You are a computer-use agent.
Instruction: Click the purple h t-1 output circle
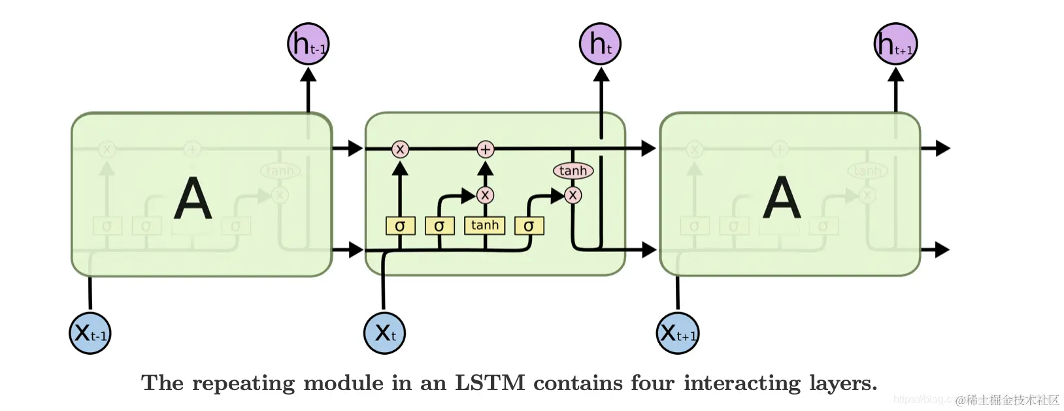click(308, 44)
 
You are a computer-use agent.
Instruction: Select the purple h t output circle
click(600, 44)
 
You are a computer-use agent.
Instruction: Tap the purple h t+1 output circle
click(895, 44)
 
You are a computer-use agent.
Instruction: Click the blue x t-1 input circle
click(90, 333)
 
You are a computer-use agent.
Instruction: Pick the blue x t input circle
click(384, 333)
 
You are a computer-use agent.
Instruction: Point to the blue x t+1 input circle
click(678, 333)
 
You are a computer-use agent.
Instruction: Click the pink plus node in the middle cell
click(485, 149)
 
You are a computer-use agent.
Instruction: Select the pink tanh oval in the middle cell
click(573, 171)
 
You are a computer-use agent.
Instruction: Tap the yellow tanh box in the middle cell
click(484, 225)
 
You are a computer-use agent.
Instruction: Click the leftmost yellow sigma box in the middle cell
click(400, 226)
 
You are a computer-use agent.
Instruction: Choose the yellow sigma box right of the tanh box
click(529, 226)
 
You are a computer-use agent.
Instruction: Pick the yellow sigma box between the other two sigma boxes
click(439, 226)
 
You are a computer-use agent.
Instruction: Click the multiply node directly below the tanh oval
click(573, 195)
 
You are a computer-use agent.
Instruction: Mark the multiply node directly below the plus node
click(485, 195)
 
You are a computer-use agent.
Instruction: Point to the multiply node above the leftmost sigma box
click(400, 149)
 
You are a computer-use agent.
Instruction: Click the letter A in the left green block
click(193, 198)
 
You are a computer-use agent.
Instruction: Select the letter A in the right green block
click(782, 198)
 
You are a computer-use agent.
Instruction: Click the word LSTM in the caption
click(490, 383)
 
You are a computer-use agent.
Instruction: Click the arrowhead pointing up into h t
click(601, 75)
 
